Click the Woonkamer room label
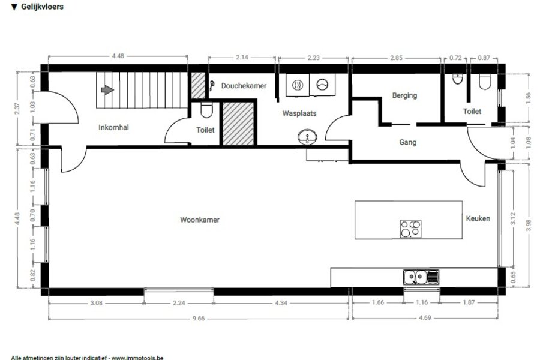coord(200,220)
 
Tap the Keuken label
coord(478,218)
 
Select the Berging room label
coord(404,95)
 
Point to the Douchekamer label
coord(244,86)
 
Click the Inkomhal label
coord(113,127)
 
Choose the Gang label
coord(408,142)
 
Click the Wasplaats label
coord(299,113)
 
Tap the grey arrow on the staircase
coord(107,90)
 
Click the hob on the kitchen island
coord(410,229)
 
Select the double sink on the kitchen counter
coord(421,277)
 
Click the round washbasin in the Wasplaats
coord(307,137)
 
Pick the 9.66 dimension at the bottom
coord(199,319)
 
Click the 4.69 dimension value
coord(425,318)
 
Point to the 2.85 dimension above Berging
coord(396,58)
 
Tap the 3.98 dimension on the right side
coord(529,226)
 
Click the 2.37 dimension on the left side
coord(17,109)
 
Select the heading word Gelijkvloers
coord(43,7)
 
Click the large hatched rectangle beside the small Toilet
coord(238,123)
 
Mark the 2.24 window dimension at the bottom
coord(179,303)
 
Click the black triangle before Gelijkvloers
coord(14,7)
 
